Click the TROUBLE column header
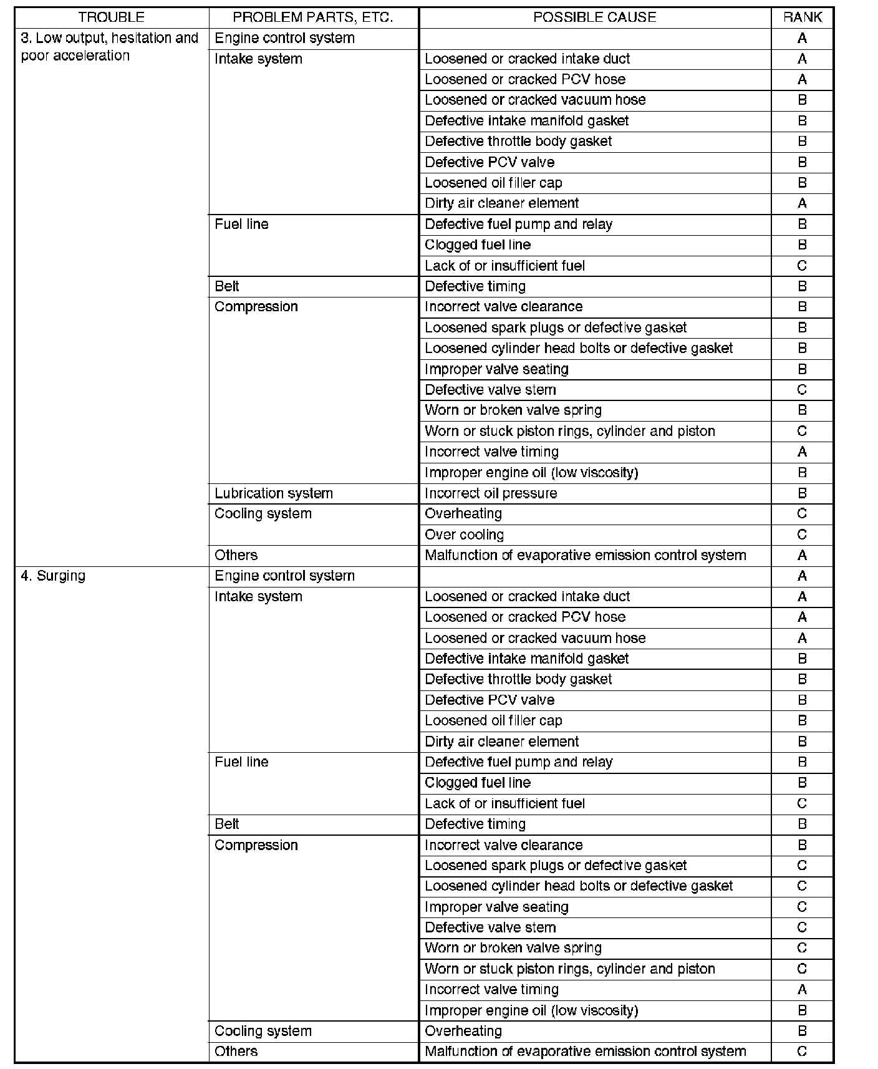point(111,17)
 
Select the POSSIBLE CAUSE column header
point(594,17)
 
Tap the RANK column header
point(802,17)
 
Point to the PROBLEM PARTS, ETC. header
point(313,17)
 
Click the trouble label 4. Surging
point(53,576)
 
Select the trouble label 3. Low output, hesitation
point(110,39)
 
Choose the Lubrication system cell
point(274,493)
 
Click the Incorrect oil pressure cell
point(491,493)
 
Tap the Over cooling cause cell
point(464,534)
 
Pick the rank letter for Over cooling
point(802,534)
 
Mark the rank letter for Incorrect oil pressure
point(802,493)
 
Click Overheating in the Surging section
point(463,1031)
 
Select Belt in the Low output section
point(227,286)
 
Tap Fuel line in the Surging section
point(241,762)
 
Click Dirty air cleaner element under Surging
point(501,742)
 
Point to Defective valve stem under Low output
point(490,390)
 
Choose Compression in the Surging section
point(256,845)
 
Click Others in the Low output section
point(236,555)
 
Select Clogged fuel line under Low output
point(478,245)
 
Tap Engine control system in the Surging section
point(284,576)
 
